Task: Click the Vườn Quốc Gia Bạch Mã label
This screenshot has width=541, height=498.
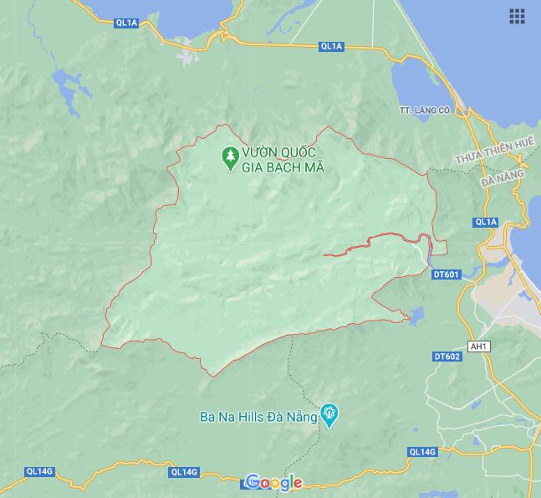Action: [283, 160]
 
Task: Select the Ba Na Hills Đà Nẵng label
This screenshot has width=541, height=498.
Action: [258, 417]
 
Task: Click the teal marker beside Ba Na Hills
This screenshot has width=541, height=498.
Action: [330, 414]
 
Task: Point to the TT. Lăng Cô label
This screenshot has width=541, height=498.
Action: [425, 110]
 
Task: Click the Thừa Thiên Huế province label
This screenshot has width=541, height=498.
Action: [494, 151]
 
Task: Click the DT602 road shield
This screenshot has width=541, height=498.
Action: [447, 357]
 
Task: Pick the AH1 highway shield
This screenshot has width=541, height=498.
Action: [479, 347]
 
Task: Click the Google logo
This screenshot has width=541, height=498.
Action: [274, 483]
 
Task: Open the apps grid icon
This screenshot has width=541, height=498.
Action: [517, 16]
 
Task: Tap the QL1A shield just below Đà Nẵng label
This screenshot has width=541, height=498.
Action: [485, 222]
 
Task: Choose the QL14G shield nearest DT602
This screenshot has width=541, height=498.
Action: [422, 452]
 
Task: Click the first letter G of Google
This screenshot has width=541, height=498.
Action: [253, 483]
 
